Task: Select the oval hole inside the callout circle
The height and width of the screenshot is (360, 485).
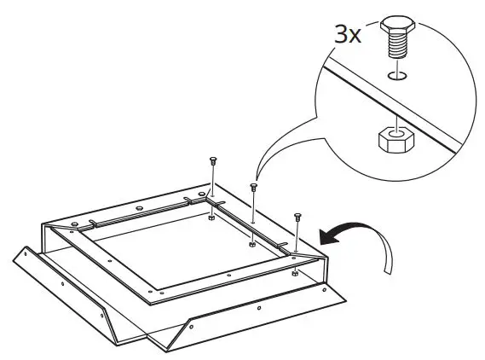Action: point(396,76)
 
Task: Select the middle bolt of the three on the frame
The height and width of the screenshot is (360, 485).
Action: point(253,187)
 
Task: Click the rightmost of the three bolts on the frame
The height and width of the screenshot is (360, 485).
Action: point(297,216)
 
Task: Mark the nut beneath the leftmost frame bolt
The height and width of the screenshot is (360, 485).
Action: point(211,217)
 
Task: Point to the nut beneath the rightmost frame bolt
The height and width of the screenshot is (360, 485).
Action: point(294,274)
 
